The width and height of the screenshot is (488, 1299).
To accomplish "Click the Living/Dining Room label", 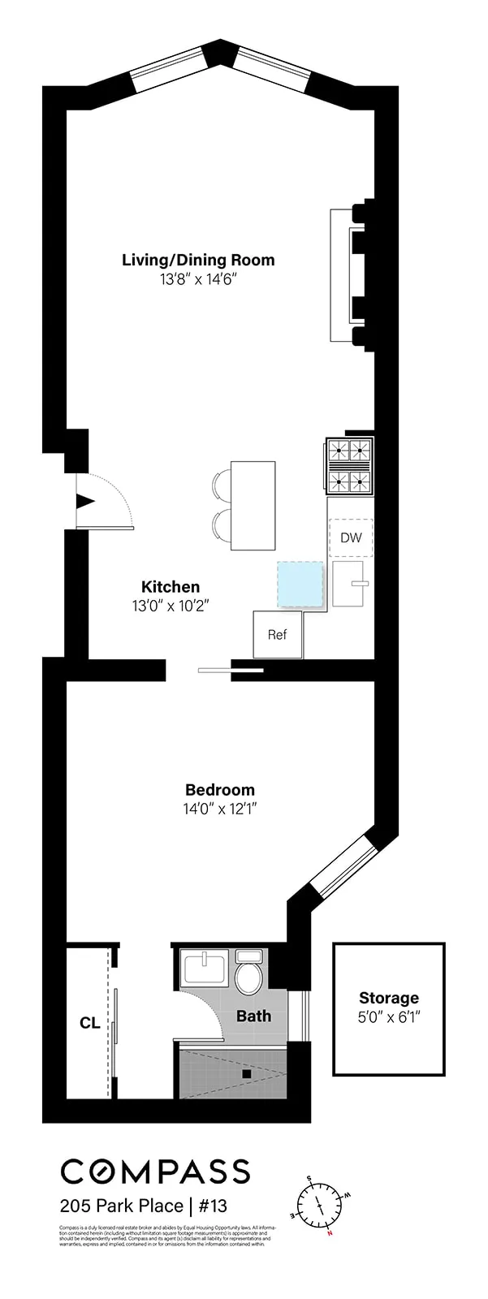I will pyautogui.click(x=198, y=261).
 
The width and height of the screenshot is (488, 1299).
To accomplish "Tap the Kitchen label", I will pyautogui.click(x=171, y=587).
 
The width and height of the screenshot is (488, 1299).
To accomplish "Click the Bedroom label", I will pyautogui.click(x=219, y=789).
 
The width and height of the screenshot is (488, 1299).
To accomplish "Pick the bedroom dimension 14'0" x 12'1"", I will pyautogui.click(x=220, y=809).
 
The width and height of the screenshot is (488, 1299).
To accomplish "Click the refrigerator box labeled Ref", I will pyautogui.click(x=278, y=634).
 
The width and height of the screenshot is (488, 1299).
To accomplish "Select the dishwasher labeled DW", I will pyautogui.click(x=351, y=537).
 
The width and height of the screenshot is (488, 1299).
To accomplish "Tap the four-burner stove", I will pyautogui.click(x=350, y=466).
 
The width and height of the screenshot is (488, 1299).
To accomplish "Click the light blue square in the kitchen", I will pyautogui.click(x=300, y=585).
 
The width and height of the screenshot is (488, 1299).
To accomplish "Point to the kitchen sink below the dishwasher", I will pyautogui.click(x=351, y=583).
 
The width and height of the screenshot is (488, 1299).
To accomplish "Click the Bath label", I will pyautogui.click(x=253, y=1016).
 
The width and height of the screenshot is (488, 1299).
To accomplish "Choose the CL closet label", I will pyautogui.click(x=89, y=1024).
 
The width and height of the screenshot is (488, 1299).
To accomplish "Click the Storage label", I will pyautogui.click(x=389, y=998).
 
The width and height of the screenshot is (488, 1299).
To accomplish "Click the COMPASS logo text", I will pyautogui.click(x=155, y=1171).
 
